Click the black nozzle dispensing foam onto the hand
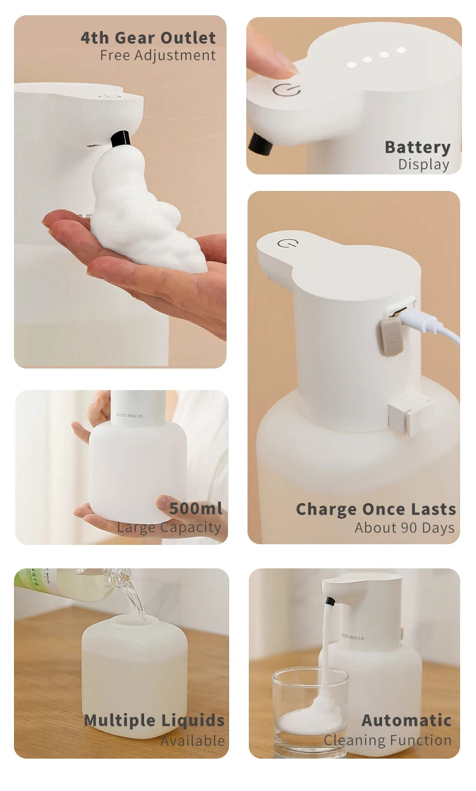(121, 139)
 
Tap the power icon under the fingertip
(287, 90)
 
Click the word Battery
(418, 148)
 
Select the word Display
(424, 165)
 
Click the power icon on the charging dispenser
(288, 243)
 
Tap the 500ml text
(195, 509)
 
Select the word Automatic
(406, 721)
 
